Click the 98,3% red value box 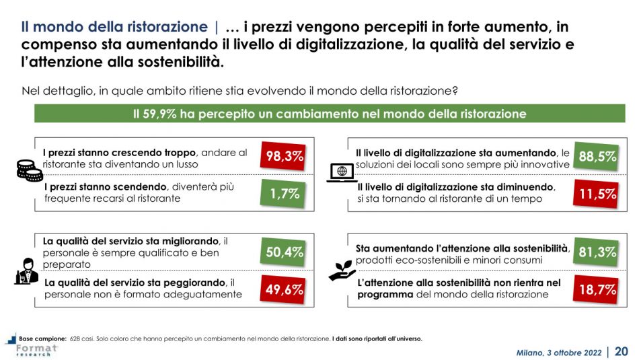pyautogui.click(x=282, y=157)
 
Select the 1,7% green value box pyautogui.click(x=282, y=194)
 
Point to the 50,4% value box pyautogui.click(x=282, y=252)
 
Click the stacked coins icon pyautogui.click(x=29, y=171)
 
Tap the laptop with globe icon pyautogui.click(x=342, y=173)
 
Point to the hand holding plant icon pyautogui.click(x=342, y=269)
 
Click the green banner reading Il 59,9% pyautogui.click(x=330, y=114)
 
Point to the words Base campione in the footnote pyautogui.click(x=42, y=338)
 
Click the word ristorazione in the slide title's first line pyautogui.click(x=167, y=28)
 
